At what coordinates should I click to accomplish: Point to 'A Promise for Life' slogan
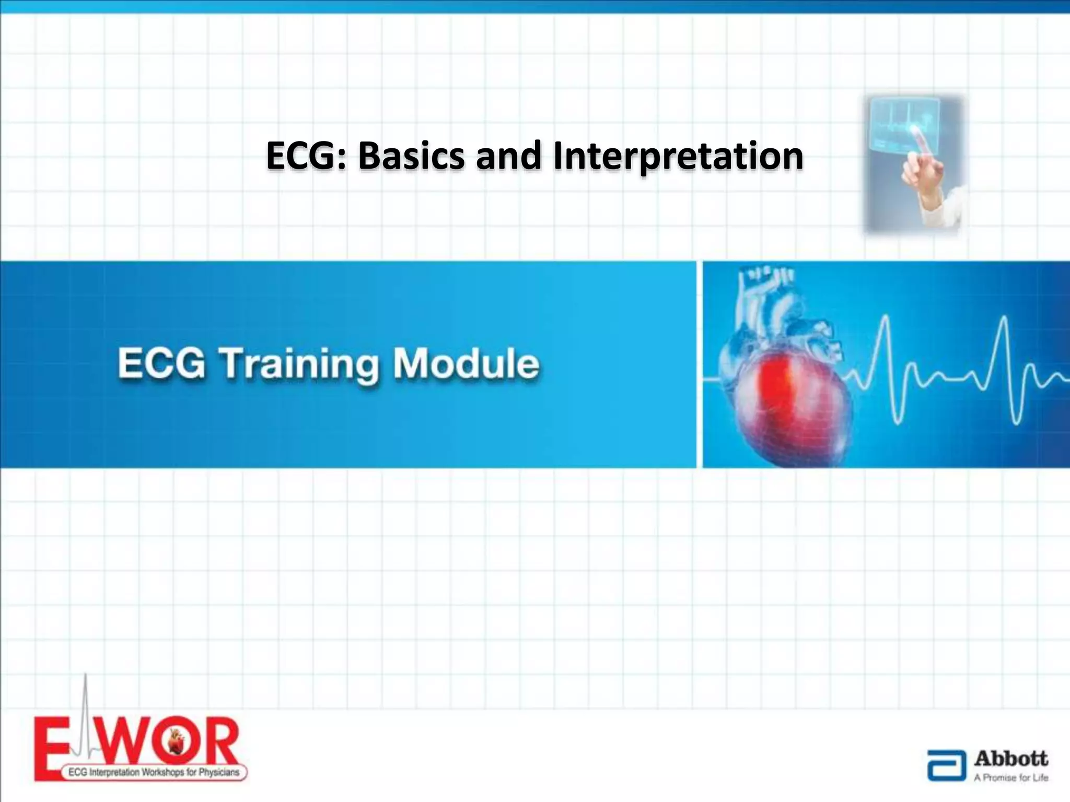[x=1011, y=778]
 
